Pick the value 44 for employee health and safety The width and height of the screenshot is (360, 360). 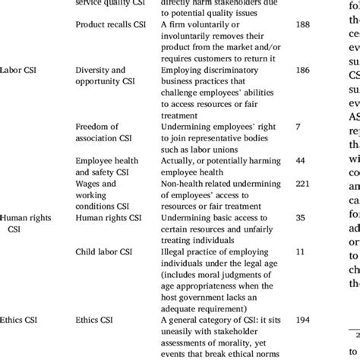click(301, 161)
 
